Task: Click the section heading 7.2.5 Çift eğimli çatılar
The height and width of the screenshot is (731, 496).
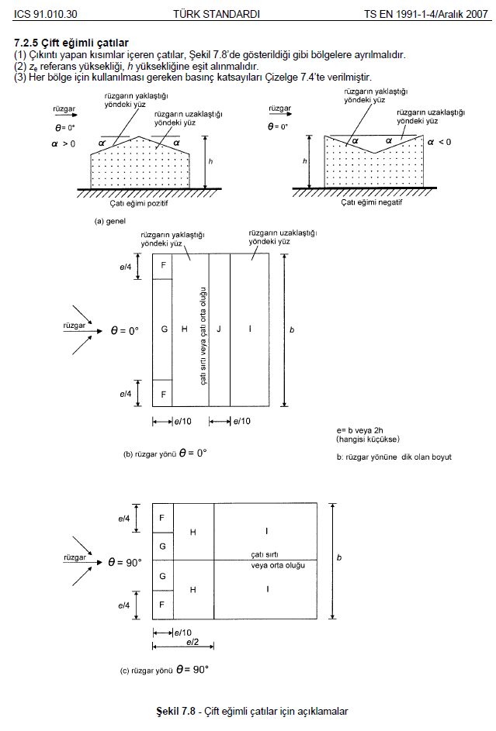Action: pos(71,42)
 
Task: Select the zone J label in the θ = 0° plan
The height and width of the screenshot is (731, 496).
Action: pos(220,329)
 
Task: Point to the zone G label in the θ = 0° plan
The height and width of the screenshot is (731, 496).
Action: pos(164,329)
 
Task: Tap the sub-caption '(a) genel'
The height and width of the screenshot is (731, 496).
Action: pos(110,221)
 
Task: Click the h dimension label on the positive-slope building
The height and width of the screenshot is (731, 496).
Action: pos(211,160)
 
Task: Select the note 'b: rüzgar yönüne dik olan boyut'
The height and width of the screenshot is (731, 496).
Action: pos(394,457)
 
